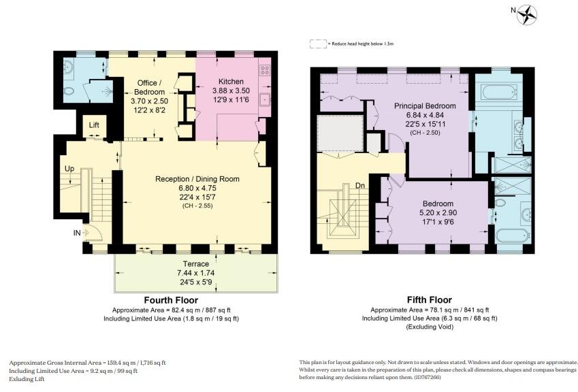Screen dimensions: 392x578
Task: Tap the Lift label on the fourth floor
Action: point(95,126)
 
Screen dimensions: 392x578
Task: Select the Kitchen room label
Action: point(231,82)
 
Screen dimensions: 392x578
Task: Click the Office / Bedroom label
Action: point(148,87)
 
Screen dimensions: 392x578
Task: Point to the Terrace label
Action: point(195,263)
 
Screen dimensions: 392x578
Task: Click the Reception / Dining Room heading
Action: point(197,179)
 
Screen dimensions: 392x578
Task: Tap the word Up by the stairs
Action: point(69,167)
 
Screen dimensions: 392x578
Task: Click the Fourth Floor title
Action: point(171,299)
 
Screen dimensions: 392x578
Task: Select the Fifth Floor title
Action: point(429,299)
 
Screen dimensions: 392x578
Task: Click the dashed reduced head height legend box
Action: point(317,43)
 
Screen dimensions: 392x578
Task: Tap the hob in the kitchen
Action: point(265,71)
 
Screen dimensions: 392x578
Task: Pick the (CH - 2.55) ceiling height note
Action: point(197,205)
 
